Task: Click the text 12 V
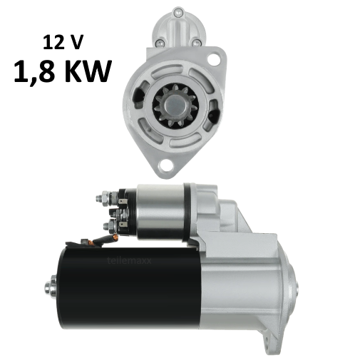point(63,42)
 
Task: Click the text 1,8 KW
point(63,72)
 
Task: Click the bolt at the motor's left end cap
point(50,288)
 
